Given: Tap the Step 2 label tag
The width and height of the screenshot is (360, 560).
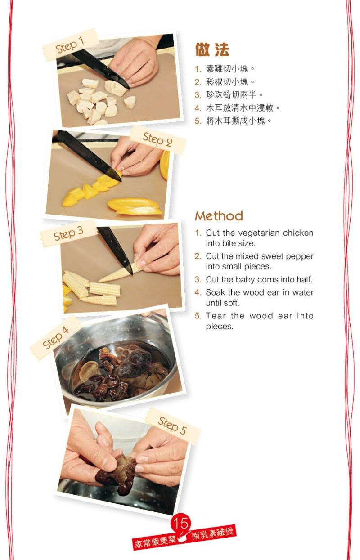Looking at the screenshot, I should click(x=157, y=139).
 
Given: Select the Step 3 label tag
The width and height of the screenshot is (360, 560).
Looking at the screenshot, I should click(x=68, y=234).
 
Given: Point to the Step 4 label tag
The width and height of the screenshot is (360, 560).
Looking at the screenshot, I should click(x=56, y=338).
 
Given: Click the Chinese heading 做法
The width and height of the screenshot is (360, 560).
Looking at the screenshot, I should click(x=212, y=50).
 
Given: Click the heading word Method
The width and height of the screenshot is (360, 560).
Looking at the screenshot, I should click(x=219, y=216).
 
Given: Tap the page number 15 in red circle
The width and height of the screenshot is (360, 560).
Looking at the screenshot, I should click(x=181, y=523).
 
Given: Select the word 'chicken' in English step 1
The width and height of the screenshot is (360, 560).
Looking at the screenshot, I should click(x=298, y=233).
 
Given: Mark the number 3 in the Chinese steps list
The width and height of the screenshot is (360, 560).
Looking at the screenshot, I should click(x=198, y=95).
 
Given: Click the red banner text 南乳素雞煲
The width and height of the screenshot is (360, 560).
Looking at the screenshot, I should click(x=212, y=534).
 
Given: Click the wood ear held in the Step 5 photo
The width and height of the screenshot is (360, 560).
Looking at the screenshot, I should click(x=118, y=472).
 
